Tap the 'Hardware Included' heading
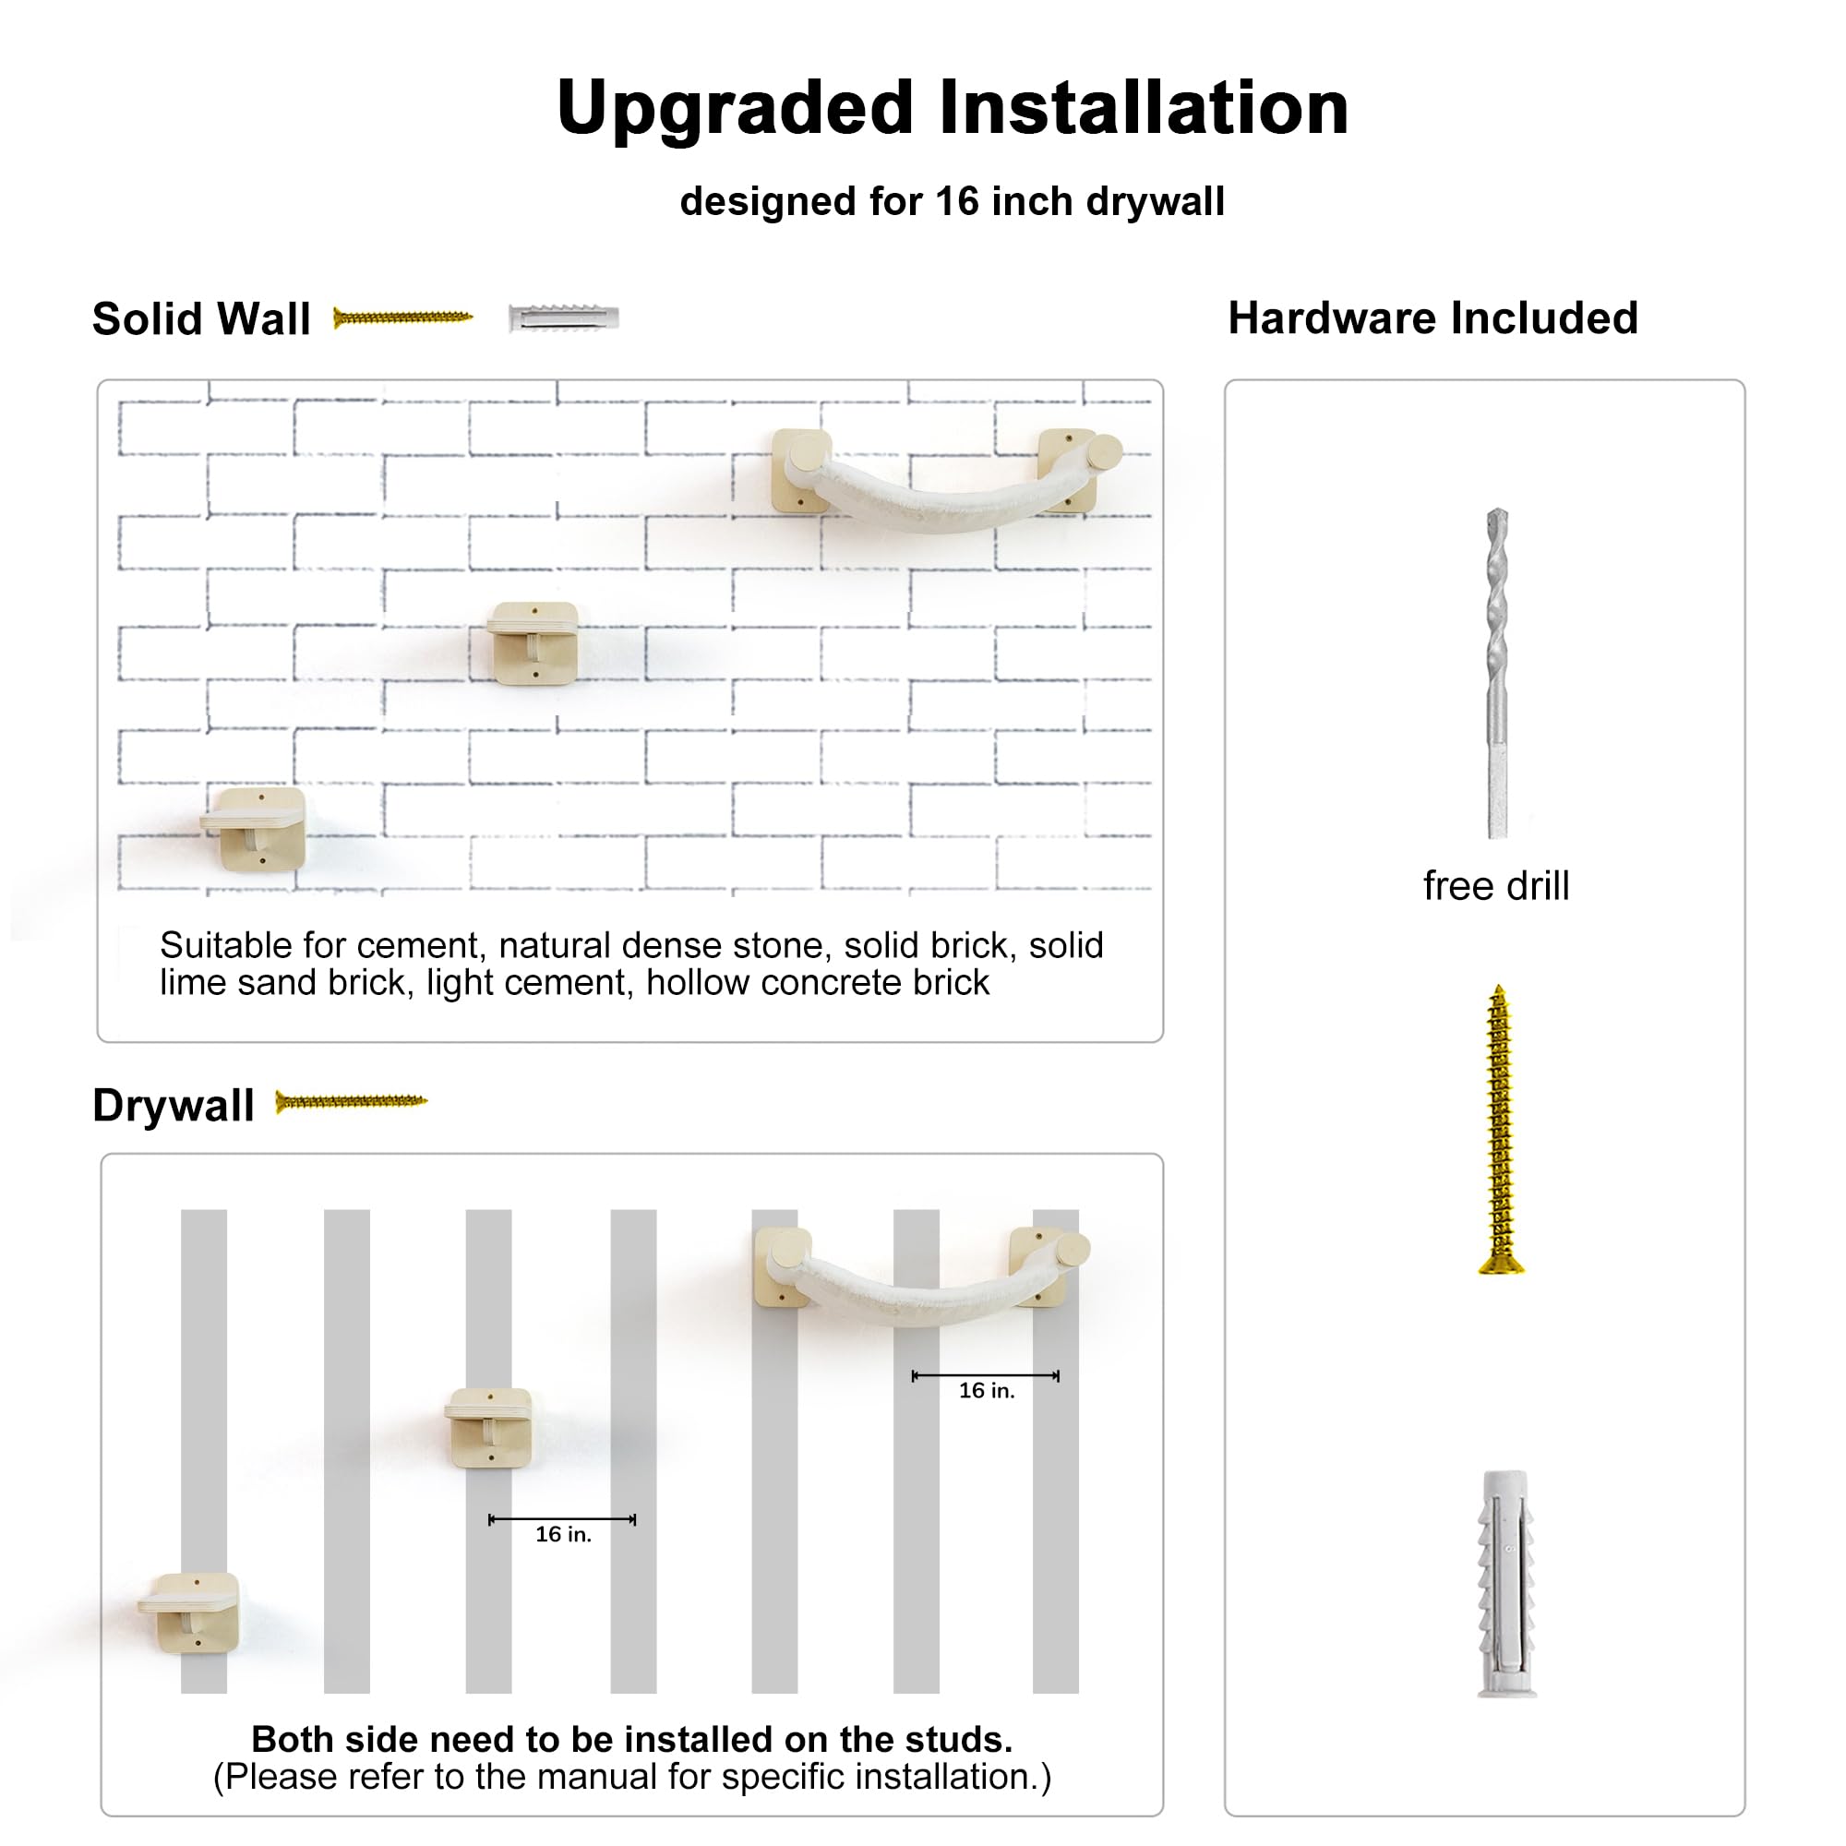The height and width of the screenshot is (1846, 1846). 1432,318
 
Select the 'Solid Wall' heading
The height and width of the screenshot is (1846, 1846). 201,319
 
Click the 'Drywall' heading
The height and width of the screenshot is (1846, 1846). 174,1107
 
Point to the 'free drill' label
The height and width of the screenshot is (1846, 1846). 1495,886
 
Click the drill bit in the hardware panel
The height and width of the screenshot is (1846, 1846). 1497,674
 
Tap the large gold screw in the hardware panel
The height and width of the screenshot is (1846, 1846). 1500,1130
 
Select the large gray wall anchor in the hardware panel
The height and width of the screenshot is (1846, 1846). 1507,1583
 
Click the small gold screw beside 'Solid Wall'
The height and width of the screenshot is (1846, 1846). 402,318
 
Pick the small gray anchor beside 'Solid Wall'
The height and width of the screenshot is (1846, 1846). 564,318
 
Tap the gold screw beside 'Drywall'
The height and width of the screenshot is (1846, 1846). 351,1102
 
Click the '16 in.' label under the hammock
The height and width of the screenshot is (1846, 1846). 987,1391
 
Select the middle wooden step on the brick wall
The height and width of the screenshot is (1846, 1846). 533,643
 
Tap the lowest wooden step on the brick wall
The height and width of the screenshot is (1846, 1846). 254,829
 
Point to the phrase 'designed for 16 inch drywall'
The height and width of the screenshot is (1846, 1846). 952,202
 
